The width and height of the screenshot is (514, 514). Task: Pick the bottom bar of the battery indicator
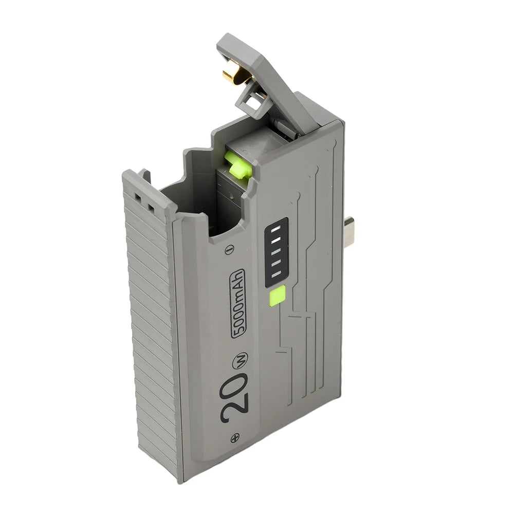pos(277,274)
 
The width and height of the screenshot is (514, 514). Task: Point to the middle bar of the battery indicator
pos(276,251)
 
